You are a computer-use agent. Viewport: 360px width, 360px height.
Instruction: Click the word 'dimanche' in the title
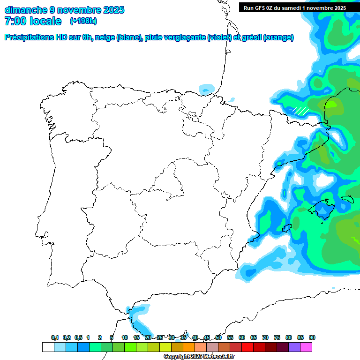point(25,10)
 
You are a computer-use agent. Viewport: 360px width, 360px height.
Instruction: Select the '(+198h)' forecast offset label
point(83,21)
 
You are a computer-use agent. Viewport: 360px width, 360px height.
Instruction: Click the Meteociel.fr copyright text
point(199,357)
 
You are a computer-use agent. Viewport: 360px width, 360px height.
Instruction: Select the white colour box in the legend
point(48,347)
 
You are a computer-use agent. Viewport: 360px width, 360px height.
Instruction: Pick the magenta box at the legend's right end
point(306,347)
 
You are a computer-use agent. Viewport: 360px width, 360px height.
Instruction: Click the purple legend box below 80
point(294,347)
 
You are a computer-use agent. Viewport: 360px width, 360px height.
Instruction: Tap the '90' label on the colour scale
point(312,338)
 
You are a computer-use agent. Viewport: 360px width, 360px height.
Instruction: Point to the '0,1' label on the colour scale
point(55,338)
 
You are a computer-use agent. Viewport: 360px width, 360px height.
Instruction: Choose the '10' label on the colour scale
point(125,338)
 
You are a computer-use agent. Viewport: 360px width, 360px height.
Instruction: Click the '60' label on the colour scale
point(242,338)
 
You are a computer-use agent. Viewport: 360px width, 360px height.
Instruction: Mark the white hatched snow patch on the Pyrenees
point(300,111)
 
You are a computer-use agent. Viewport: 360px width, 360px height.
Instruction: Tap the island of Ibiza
point(285,228)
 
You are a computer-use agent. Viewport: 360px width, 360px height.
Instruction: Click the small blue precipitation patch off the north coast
point(206,88)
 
